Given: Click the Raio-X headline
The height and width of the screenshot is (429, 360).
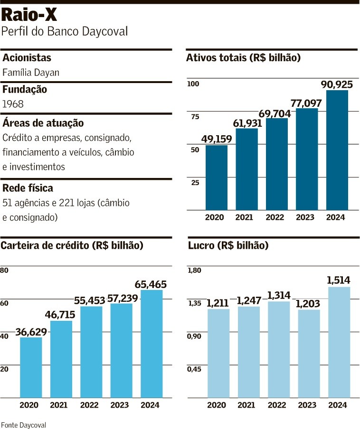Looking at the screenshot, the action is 29,15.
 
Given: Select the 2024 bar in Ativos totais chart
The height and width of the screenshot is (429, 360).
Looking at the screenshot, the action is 337,150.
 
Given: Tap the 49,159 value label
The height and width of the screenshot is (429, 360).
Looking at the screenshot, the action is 217,139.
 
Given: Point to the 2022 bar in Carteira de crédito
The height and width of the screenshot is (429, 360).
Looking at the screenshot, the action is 91,352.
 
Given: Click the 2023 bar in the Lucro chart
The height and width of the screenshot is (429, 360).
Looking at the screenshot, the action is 309,354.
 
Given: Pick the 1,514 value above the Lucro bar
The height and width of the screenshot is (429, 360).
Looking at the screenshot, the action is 338,280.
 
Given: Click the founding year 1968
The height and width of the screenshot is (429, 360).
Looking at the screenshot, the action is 13,104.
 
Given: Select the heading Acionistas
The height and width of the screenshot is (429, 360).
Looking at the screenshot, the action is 27,58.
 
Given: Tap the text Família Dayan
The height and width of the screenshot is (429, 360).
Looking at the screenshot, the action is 31,73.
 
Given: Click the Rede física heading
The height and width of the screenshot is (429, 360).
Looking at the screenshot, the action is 28,188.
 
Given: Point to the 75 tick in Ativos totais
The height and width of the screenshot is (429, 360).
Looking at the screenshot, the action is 195,117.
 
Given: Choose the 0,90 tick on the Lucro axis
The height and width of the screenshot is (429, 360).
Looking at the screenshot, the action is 194,336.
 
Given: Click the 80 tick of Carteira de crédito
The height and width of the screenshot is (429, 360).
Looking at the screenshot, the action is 4,270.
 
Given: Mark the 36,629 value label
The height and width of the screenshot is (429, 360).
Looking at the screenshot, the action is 31,332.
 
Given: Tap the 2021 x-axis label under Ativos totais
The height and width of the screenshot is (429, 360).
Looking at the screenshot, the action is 244,217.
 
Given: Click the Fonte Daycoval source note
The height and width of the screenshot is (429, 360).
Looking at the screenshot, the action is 24,425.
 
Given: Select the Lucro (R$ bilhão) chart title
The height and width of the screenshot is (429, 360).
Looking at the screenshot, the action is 228,245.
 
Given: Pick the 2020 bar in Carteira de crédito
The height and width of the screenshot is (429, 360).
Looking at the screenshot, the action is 31,367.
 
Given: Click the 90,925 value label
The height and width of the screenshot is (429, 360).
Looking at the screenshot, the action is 337,84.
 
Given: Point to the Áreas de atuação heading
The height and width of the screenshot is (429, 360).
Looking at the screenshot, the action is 43,123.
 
